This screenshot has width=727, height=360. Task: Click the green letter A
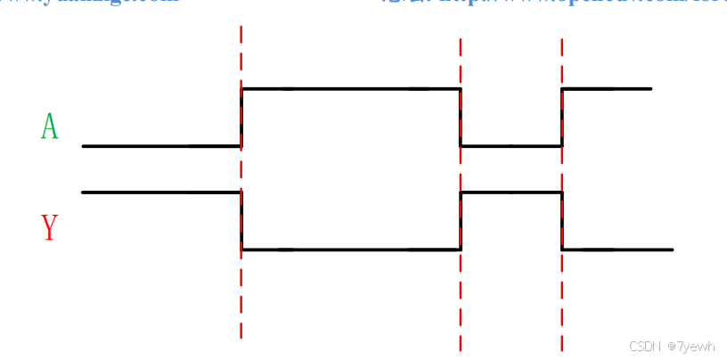tap(49, 127)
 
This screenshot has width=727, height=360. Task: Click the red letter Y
tap(49, 228)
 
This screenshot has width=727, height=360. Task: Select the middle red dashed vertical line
tap(461, 303)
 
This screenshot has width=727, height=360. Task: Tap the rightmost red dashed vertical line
tap(562, 303)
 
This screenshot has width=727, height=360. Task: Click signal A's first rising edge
tap(241, 118)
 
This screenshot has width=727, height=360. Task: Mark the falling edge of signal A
tap(461, 118)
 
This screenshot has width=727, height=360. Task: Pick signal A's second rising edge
tap(562, 118)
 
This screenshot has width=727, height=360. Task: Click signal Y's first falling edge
tap(241, 221)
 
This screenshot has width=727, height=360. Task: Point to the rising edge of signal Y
tap(461, 221)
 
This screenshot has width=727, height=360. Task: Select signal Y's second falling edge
tap(562, 221)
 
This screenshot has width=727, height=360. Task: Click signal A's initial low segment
tap(160, 145)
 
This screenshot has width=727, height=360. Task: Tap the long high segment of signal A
tap(351, 89)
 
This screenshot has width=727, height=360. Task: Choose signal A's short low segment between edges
tap(511, 145)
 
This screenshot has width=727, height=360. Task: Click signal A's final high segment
tap(607, 89)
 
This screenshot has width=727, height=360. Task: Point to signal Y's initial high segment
tap(160, 192)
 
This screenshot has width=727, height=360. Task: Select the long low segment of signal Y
tap(351, 250)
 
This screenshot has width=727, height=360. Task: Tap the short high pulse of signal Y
tap(511, 192)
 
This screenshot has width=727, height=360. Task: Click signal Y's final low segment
tap(617, 250)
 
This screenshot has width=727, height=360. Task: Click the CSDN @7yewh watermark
tap(672, 346)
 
